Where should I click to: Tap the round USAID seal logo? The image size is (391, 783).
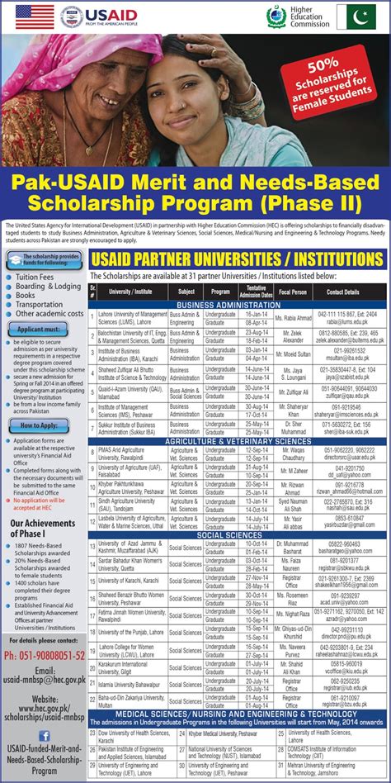coord(71,17)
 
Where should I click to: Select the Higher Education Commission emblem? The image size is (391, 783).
coord(276,16)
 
